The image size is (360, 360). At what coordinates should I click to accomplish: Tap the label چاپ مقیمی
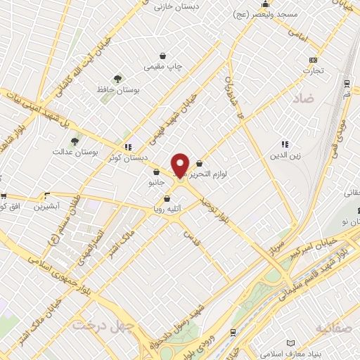coord(164,67)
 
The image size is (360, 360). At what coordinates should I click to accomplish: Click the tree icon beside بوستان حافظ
coord(118,79)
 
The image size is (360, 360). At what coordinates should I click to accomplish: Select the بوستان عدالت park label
coord(73,152)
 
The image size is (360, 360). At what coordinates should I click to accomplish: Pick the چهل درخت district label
coord(97,327)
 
